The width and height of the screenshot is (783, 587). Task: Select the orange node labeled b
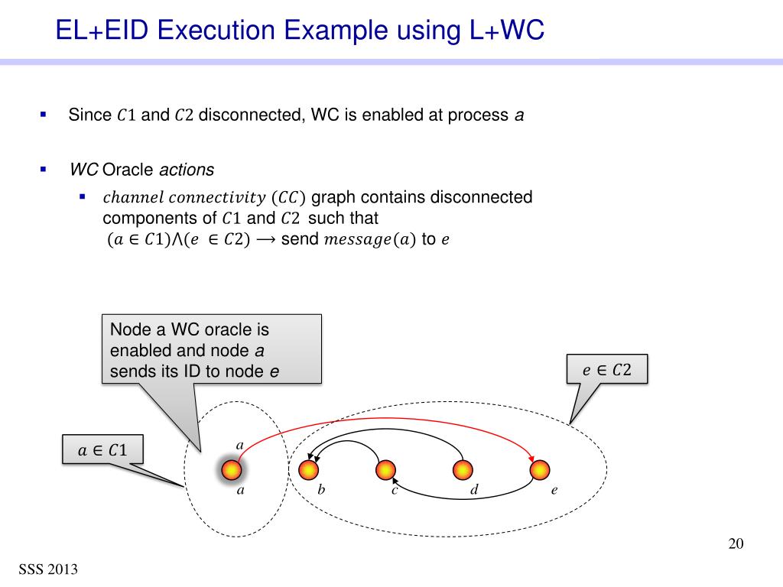point(308,469)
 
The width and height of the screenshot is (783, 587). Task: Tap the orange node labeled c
point(386,469)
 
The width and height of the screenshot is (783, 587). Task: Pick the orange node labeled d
point(463,469)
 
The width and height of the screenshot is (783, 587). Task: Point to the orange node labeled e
point(541,469)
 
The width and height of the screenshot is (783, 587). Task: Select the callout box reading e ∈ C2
point(607,370)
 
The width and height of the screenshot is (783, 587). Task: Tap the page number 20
point(736,543)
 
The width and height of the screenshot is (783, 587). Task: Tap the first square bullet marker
point(44,115)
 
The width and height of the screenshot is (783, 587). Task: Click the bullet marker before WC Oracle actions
point(44,169)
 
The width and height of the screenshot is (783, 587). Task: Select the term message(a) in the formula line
point(371,239)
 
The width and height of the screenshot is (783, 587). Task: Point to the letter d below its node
point(473,490)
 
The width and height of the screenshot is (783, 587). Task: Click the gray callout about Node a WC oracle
point(212,350)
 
